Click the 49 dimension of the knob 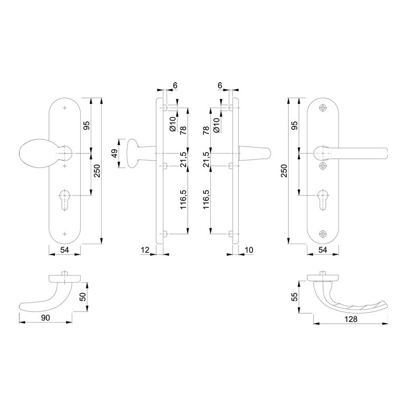pos(115,153)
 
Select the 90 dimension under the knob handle pos(45,318)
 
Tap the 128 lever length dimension pos(351,319)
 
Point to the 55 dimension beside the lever pos(295,297)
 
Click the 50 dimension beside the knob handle pos(83,297)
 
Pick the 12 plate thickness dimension pos(145,250)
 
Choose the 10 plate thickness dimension pos(249,250)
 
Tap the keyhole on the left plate pos(64,199)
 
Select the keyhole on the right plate pos(323,199)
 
